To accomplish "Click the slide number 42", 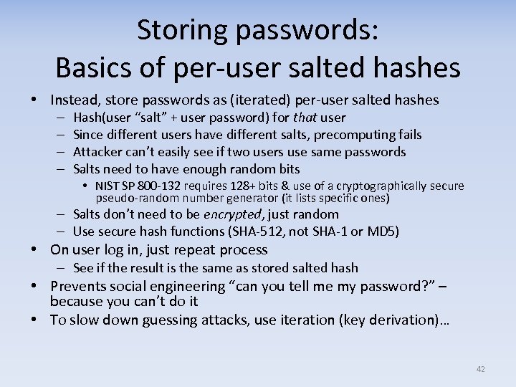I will click(480, 369).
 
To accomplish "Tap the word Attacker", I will click(99, 152).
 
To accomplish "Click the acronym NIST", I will click(107, 186).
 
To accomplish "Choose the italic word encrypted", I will click(232, 214).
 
